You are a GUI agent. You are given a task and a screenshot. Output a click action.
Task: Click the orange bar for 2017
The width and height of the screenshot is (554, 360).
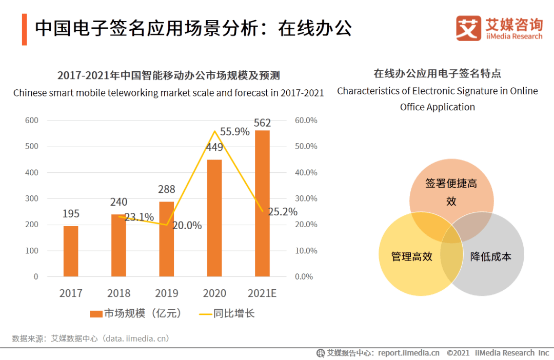click(x=71, y=251)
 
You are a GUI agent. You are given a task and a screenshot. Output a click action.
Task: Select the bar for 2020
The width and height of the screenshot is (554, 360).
click(x=214, y=218)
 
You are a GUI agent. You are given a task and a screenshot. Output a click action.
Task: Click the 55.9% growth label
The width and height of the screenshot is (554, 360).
click(x=235, y=132)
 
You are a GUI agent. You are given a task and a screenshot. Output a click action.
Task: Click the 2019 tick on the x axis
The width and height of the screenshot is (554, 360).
click(x=167, y=293)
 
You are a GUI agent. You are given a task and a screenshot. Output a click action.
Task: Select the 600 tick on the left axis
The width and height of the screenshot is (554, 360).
click(x=32, y=121)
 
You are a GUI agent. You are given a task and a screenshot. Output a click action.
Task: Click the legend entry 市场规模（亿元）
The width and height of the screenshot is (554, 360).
click(x=136, y=313)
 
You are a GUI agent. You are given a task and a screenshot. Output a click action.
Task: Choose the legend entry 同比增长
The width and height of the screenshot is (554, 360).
click(x=227, y=313)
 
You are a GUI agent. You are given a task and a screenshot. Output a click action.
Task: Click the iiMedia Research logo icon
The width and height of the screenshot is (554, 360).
click(x=468, y=28)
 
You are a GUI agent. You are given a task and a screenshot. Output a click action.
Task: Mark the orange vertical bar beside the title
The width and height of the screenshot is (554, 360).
click(x=24, y=30)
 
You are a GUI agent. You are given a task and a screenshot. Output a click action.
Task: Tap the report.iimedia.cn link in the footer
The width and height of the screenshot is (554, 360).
click(x=409, y=353)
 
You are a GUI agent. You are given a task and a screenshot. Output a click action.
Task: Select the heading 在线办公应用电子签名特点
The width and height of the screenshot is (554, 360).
click(x=437, y=73)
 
